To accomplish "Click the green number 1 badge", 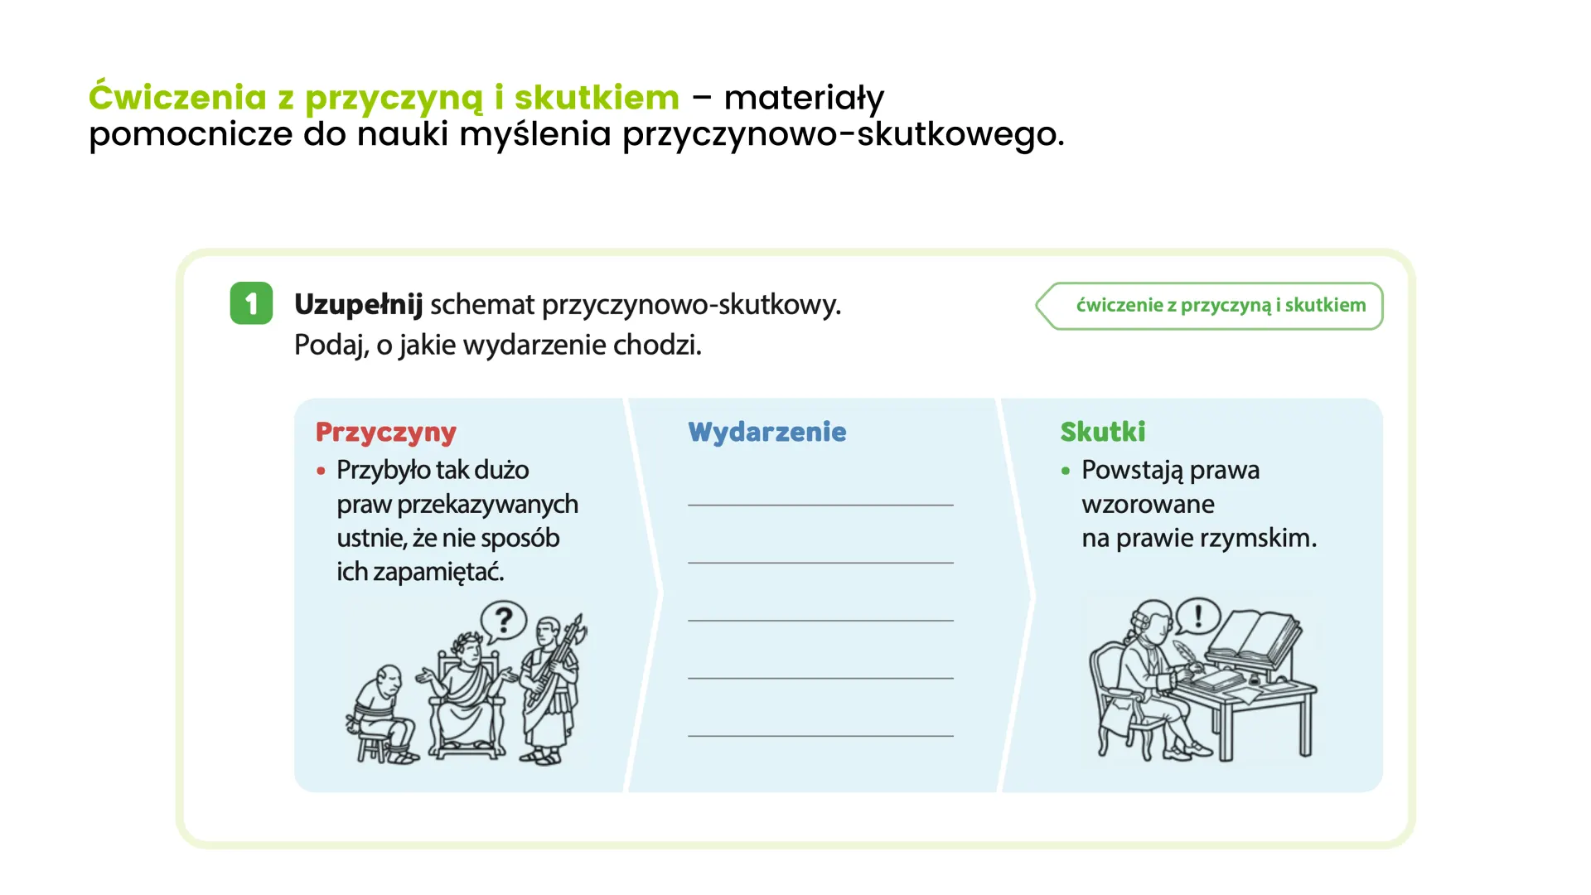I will point(251,303).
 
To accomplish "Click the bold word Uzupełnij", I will point(358,305).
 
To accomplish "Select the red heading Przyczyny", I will point(385,432).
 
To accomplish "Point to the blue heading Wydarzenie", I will point(766,432).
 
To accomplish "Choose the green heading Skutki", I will point(1102,432).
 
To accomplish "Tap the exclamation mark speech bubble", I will point(1197,617).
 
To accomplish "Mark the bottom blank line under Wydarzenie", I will point(820,734).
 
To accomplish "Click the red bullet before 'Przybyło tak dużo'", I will point(321,472).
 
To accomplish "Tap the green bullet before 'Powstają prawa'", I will point(1066,472).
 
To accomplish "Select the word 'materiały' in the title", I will point(804,98).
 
